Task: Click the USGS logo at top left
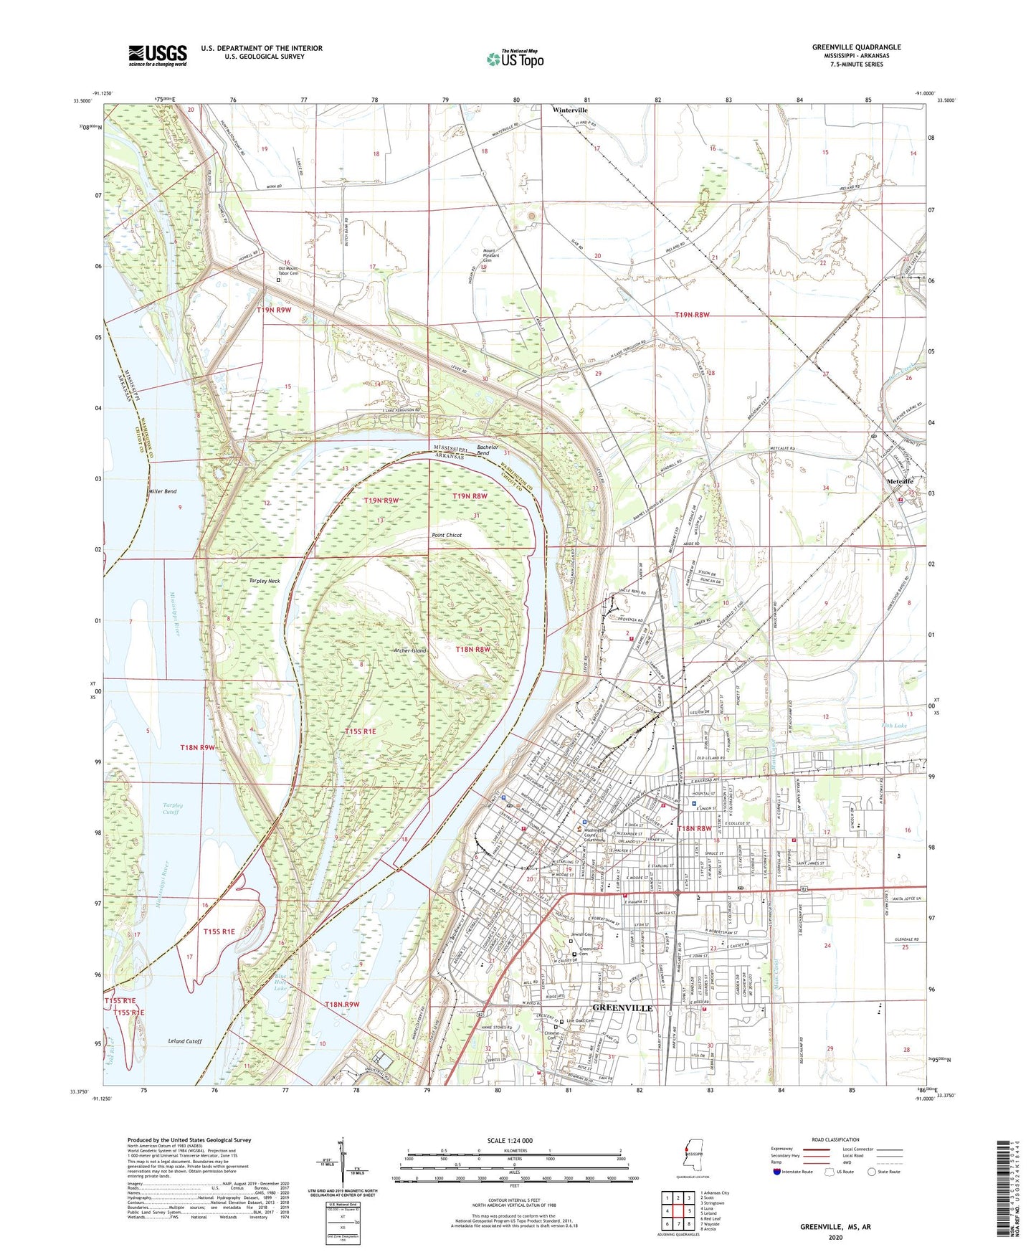click(158, 54)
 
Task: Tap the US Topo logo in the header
click(515, 58)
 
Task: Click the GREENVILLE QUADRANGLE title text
click(856, 47)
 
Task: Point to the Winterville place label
click(570, 110)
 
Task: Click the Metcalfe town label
click(900, 481)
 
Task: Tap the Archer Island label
click(409, 650)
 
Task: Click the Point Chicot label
click(446, 536)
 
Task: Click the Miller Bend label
click(162, 492)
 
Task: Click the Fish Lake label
click(894, 726)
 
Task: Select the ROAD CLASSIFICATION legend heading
click(835, 1139)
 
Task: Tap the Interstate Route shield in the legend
click(778, 1172)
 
